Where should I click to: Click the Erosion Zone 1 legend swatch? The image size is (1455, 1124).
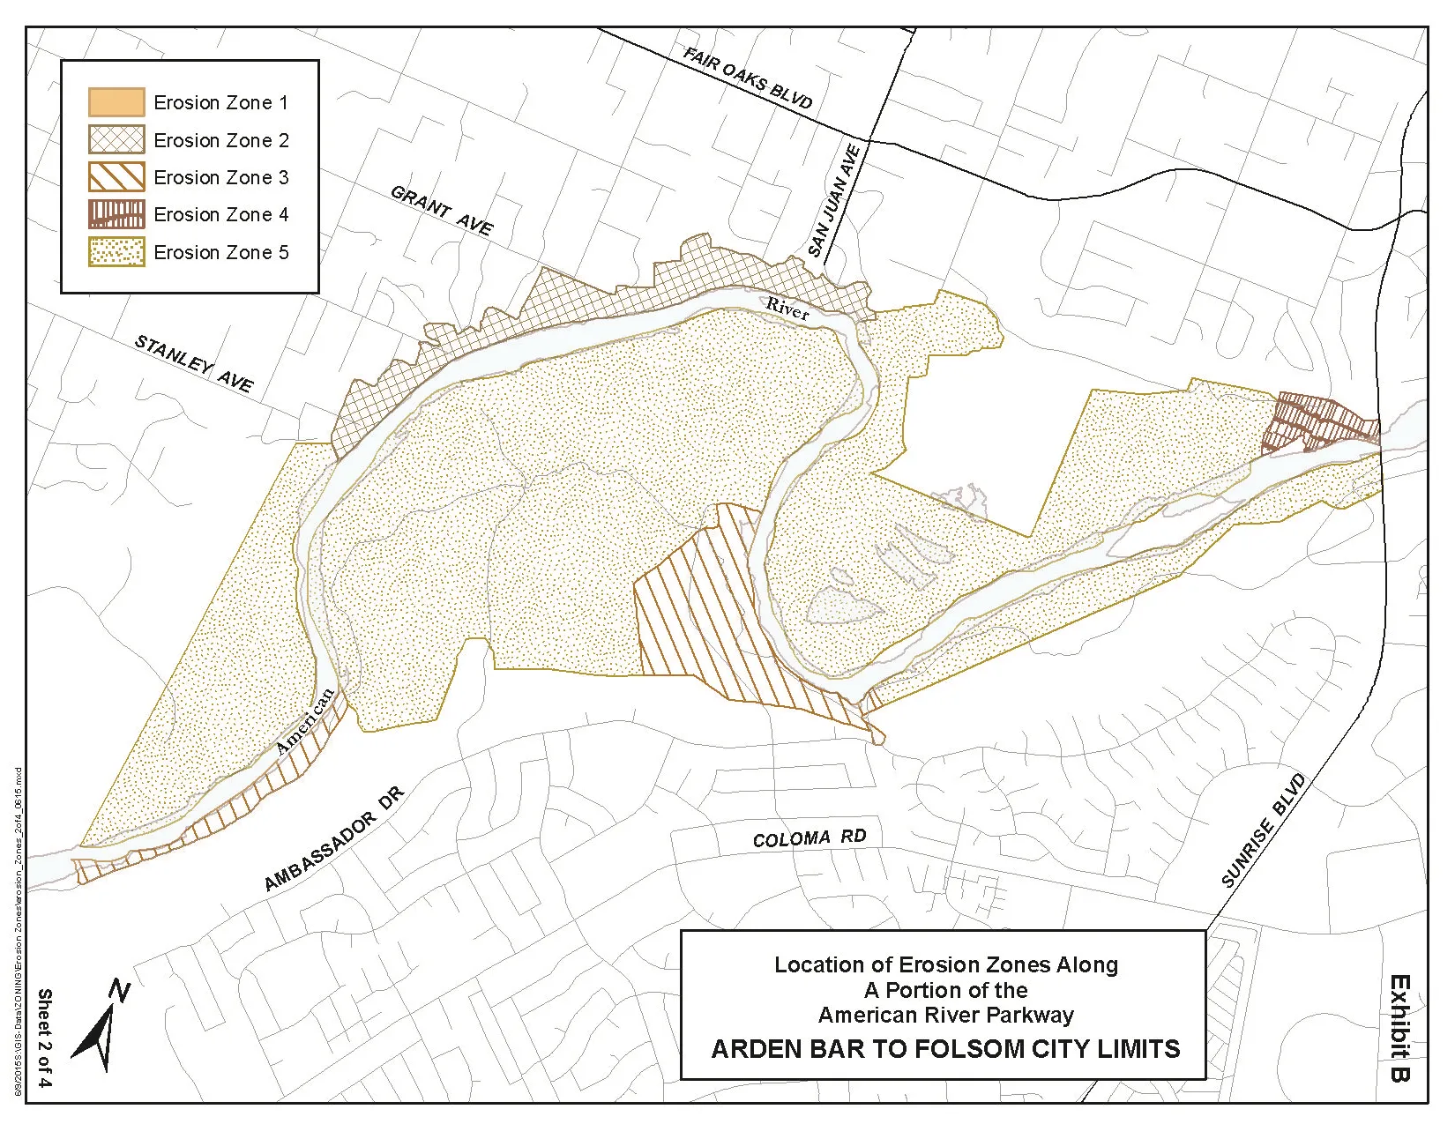tap(116, 102)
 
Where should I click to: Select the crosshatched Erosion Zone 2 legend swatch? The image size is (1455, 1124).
tap(116, 140)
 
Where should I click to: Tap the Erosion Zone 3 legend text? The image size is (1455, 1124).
tap(220, 177)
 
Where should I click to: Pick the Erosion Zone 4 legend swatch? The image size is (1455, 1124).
tap(116, 214)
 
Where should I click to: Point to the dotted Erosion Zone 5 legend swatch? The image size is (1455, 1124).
tap(116, 252)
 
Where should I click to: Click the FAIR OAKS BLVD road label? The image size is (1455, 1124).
tap(747, 78)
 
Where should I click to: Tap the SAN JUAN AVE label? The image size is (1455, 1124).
tap(833, 201)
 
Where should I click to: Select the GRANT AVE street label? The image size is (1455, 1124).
tap(441, 211)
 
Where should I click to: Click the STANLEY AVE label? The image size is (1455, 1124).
tap(193, 363)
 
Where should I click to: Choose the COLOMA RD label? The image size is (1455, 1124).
tap(809, 837)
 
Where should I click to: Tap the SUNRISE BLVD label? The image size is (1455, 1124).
tap(1262, 830)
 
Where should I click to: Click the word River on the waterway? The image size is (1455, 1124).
tap(787, 309)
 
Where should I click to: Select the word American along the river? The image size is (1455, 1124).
tap(305, 721)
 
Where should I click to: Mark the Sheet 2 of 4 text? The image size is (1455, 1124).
tap(44, 1038)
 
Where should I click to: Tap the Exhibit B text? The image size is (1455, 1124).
tap(1399, 1027)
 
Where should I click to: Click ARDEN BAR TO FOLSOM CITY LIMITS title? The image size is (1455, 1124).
tap(945, 1049)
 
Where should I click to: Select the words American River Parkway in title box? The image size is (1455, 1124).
tap(945, 1015)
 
